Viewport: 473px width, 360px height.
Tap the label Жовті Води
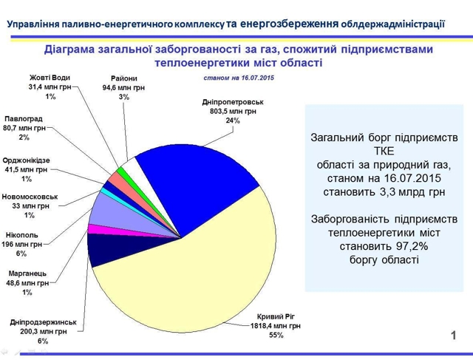click(x=50, y=78)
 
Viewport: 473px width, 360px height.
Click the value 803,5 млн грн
click(x=233, y=112)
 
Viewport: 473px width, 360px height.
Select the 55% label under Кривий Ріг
click(x=276, y=335)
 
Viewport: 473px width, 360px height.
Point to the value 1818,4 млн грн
click(x=276, y=326)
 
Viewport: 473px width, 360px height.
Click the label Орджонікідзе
click(x=27, y=160)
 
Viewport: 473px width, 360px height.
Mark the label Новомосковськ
click(x=30, y=197)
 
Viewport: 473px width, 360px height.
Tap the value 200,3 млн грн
click(x=44, y=332)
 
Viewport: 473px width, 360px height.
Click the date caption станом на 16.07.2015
click(x=239, y=78)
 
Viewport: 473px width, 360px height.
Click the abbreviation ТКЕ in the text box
click(x=384, y=151)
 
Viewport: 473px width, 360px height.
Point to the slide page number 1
click(x=453, y=336)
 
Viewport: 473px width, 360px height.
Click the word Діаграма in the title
click(x=69, y=50)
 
